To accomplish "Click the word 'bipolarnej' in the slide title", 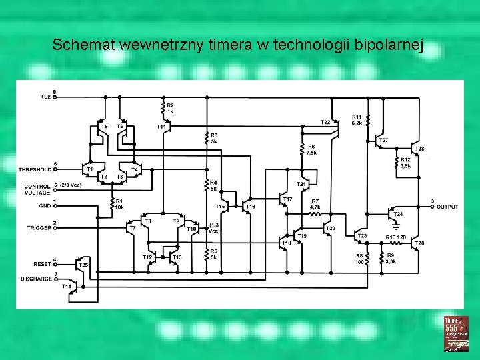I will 392,45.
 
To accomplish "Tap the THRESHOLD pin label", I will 35,169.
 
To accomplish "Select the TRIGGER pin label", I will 39,228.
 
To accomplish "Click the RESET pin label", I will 42,265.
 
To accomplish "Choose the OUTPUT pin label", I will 447,207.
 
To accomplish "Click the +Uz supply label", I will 45,97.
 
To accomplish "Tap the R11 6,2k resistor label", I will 357,121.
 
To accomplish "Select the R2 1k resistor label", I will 171,109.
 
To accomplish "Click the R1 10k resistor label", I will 119,204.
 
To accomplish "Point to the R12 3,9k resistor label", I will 406,163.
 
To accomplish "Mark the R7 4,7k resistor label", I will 315,204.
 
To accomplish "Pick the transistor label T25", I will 83,265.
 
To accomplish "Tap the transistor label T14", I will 67,286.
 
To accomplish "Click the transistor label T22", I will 325,123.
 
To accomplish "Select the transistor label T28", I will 419,148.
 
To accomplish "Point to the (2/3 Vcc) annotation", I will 70,185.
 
